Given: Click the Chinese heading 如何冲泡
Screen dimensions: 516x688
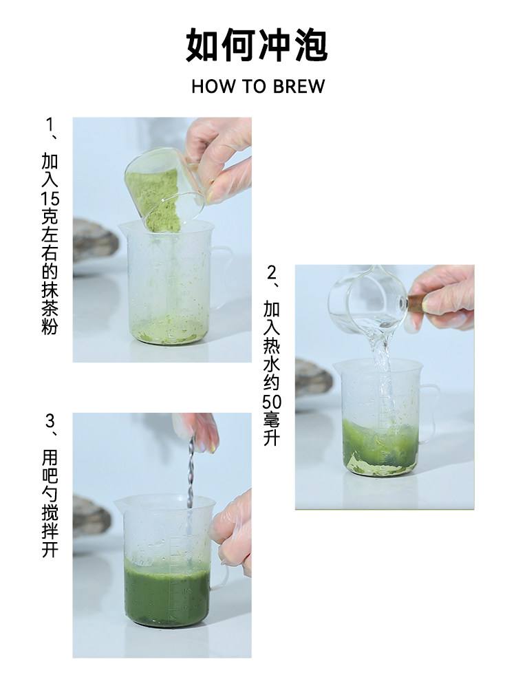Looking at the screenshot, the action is coord(257,45).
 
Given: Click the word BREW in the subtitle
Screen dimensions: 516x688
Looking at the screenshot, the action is coord(299,87).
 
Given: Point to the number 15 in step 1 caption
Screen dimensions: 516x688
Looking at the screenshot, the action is coord(50,199).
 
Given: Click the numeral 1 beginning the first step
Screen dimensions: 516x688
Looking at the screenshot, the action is coord(50,125).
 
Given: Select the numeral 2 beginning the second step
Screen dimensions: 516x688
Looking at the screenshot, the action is coord(272,273).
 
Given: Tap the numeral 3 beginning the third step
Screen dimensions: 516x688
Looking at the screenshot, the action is coord(50,421).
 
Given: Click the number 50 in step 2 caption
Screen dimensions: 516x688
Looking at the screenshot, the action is coord(272,402).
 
